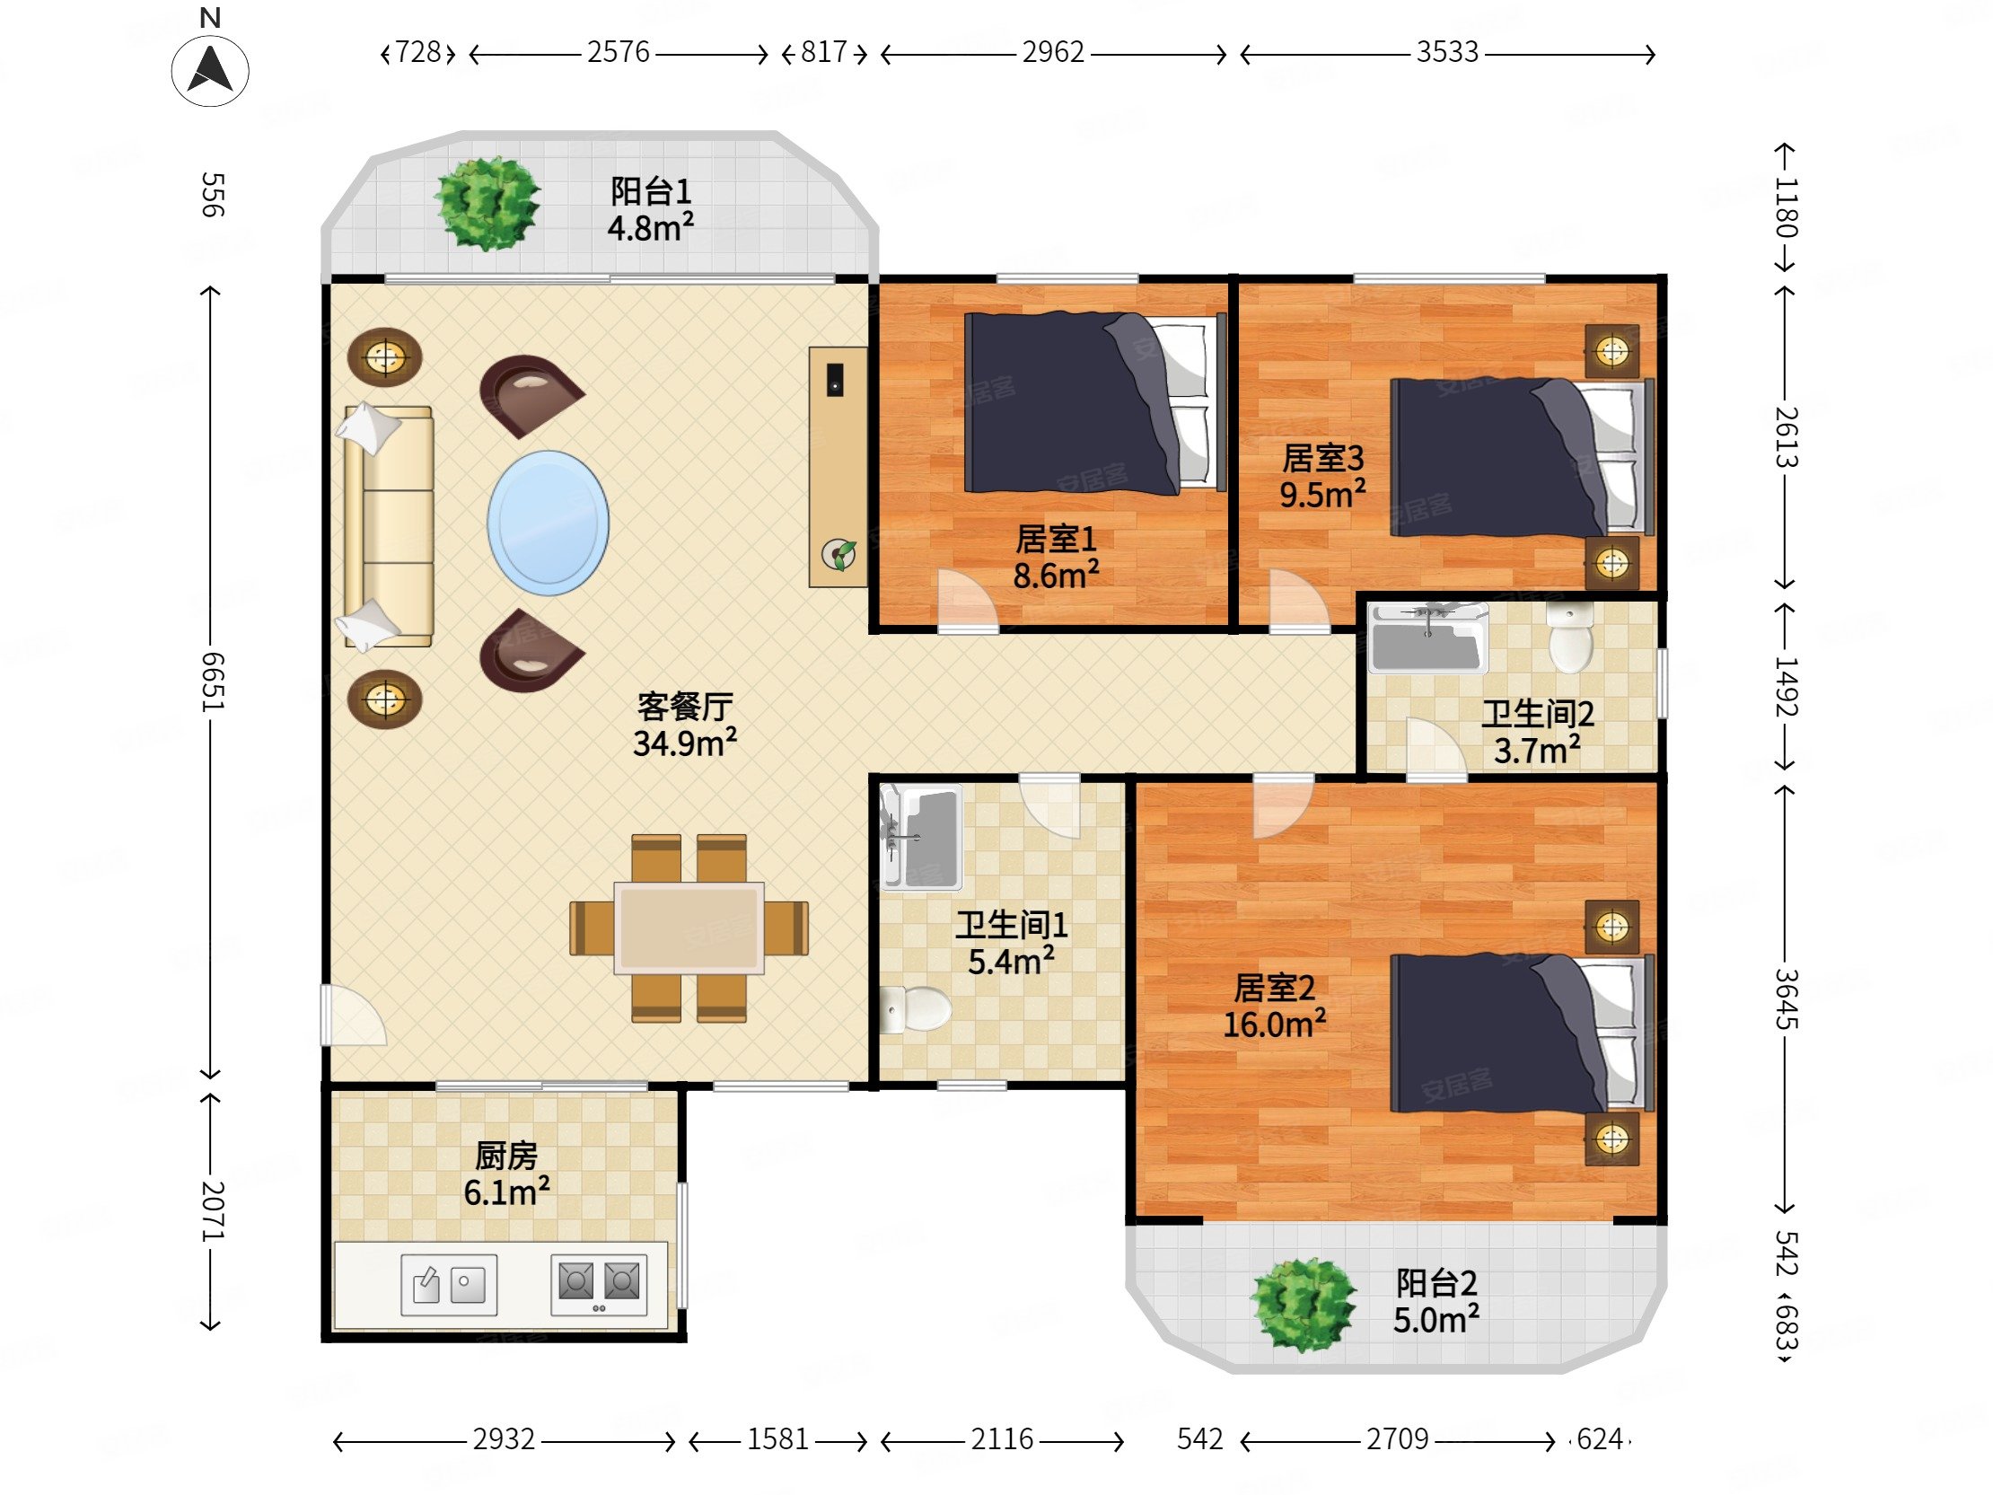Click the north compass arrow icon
(210, 70)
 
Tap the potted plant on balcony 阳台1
(487, 203)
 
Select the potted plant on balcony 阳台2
(1303, 1304)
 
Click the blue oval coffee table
(548, 523)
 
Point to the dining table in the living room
(689, 928)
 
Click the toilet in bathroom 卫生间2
(1569, 638)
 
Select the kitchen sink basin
(449, 1284)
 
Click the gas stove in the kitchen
(599, 1284)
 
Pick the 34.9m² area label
(685, 743)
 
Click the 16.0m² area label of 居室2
(1274, 1025)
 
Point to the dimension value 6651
(211, 682)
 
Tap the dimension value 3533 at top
(1447, 52)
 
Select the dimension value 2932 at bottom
(504, 1439)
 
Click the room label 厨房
(506, 1156)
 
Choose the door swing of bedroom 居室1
(968, 598)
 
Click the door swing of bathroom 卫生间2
(1436, 746)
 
